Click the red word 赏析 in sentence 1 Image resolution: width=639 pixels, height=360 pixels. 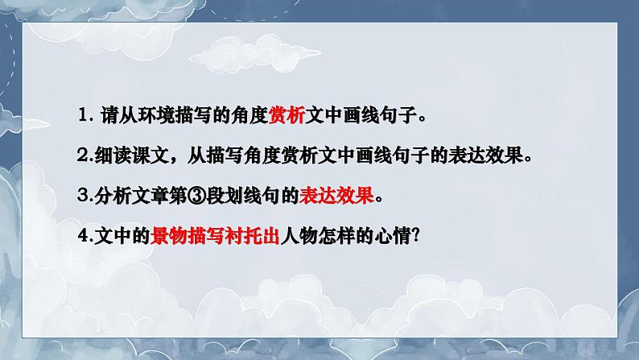click(x=286, y=116)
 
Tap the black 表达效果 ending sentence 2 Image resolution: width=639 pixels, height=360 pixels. click(x=486, y=155)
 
